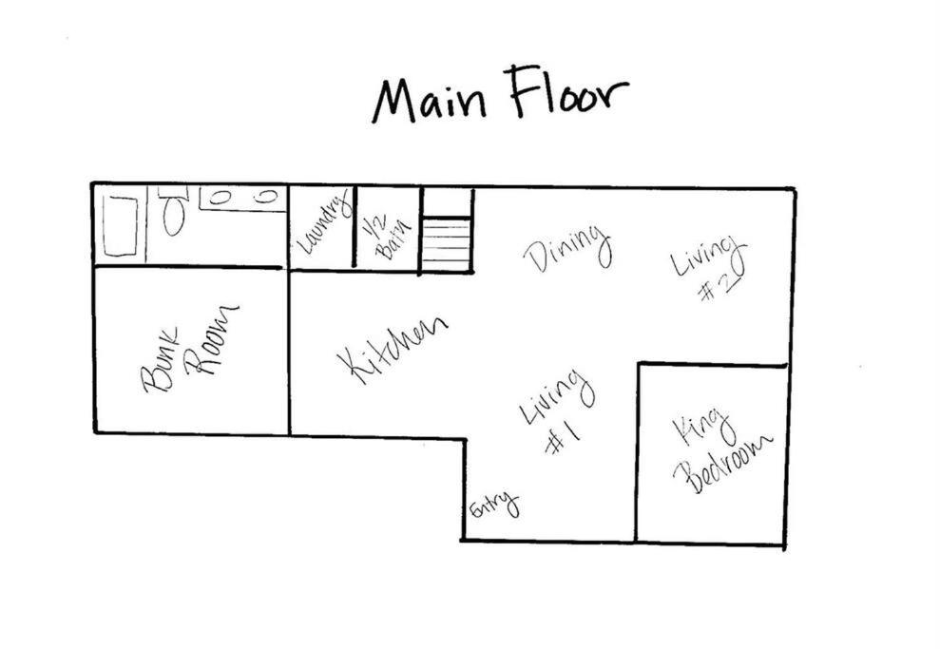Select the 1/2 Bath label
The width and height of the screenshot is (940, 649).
point(387,238)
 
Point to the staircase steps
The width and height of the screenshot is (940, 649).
point(446,246)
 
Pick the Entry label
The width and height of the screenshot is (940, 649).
point(494,506)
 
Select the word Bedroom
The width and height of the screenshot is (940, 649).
point(723,464)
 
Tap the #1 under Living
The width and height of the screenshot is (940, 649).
point(563,439)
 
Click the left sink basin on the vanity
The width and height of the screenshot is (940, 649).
point(220,197)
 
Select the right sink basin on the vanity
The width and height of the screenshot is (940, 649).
point(265,196)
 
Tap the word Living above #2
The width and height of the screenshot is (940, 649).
point(708,257)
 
